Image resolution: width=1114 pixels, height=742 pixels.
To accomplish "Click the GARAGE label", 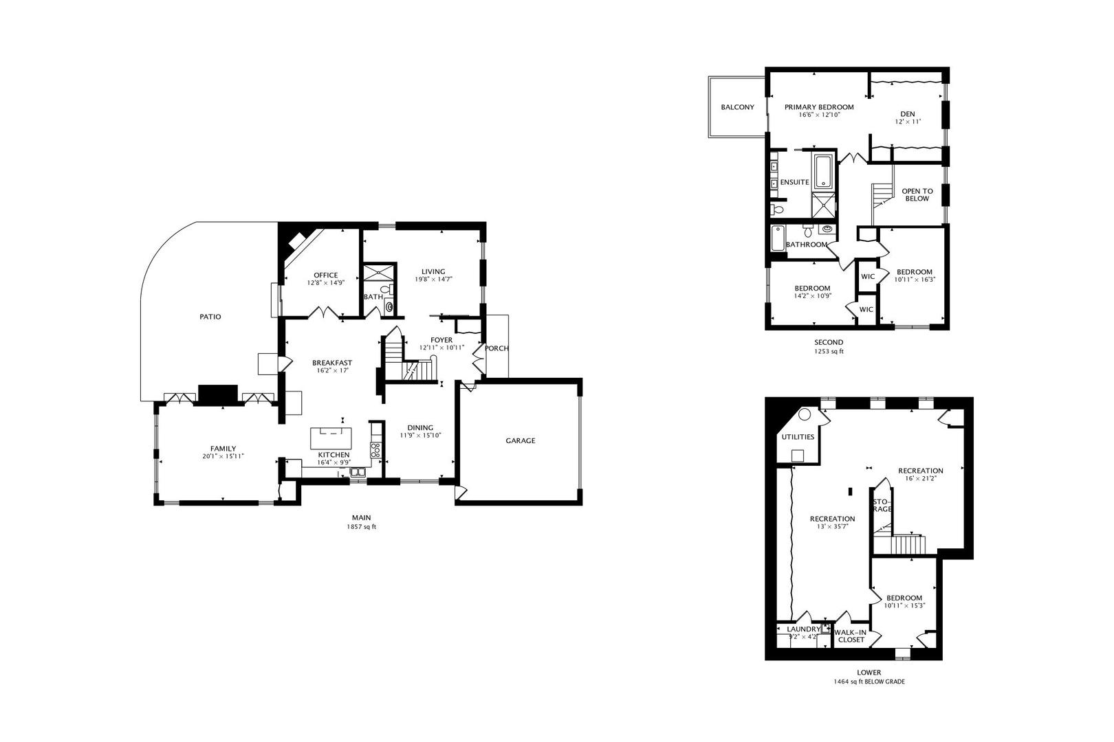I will [520, 440].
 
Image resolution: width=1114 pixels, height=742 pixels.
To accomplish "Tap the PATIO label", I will [210, 317].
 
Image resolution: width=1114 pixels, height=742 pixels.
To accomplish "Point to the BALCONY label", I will [737, 107].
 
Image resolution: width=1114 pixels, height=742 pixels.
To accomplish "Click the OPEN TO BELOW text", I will [917, 195].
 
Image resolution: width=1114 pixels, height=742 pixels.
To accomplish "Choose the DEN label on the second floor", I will [908, 114].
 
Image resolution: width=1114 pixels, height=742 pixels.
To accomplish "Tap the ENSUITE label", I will [794, 182].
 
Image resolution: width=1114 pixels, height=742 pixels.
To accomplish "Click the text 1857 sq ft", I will [362, 527].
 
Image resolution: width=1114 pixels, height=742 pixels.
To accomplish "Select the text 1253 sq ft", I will [829, 351].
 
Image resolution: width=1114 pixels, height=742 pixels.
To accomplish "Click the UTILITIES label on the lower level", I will [798, 437].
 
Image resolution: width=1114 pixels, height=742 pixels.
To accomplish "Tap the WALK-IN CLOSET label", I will [851, 636].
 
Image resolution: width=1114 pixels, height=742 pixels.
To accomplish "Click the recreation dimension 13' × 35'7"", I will [832, 527].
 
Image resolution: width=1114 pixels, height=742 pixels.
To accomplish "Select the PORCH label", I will [496, 348].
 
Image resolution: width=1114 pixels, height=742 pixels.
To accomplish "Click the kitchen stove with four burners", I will [375, 451].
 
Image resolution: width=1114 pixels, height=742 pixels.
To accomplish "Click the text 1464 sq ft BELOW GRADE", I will [869, 682].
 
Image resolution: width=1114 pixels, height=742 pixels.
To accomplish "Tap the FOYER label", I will [441, 339].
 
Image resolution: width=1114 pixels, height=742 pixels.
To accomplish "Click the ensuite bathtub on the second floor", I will [822, 172].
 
